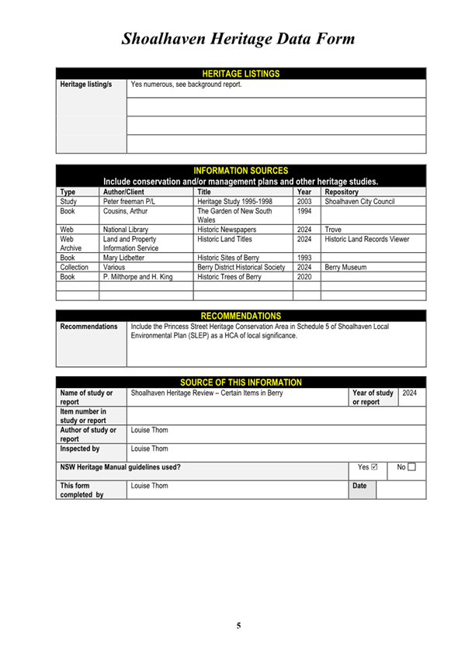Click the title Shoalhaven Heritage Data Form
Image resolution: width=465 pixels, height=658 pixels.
coord(238,39)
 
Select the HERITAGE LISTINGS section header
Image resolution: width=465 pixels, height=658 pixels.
coord(240,74)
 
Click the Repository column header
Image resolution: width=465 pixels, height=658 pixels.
coord(342,191)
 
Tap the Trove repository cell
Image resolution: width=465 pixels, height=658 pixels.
coord(333,230)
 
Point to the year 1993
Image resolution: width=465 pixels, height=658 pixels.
coord(304,257)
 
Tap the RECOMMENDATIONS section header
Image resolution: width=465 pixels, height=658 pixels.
coord(241,316)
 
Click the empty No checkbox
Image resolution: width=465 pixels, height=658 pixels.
coord(412,467)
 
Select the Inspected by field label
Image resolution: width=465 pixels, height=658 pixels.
coord(80,448)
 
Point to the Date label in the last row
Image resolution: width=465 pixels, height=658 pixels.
coord(360,486)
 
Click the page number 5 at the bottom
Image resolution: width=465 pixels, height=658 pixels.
coord(238,625)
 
